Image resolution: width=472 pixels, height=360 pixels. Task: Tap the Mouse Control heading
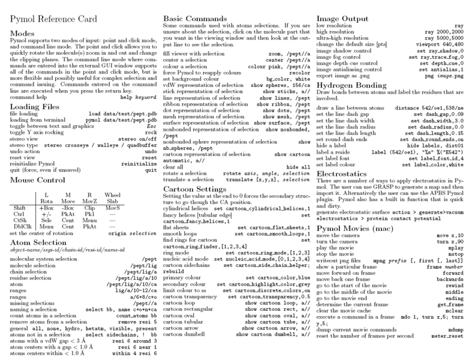38,179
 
